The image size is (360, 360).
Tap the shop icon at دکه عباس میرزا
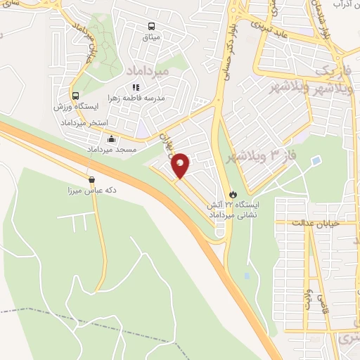[x=91, y=179]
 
